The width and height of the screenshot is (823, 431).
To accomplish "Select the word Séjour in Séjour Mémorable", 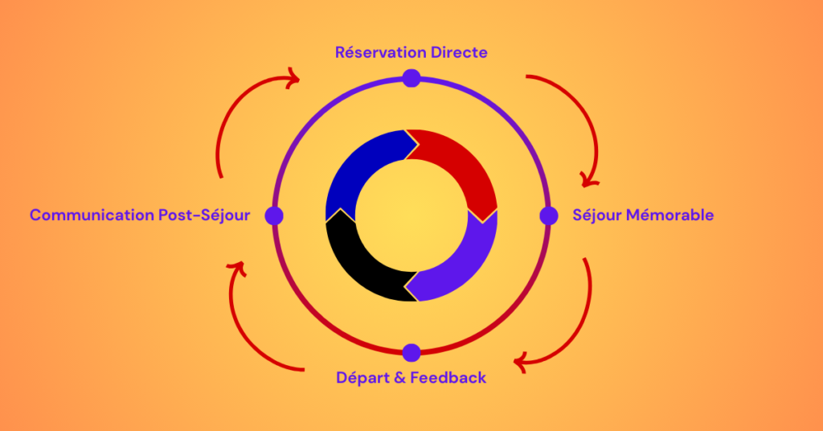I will click(596, 215).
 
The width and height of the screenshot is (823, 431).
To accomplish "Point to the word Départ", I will click(361, 377).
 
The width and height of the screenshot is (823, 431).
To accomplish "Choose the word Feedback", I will click(448, 377).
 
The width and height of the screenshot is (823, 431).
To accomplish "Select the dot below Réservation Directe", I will click(411, 78).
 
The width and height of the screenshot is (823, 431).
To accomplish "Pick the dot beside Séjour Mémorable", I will click(549, 215).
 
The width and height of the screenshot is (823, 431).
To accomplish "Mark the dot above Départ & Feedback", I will click(411, 352).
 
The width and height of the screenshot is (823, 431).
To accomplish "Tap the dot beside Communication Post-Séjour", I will click(274, 215).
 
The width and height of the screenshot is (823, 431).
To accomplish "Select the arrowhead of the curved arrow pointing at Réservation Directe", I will click(293, 78).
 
